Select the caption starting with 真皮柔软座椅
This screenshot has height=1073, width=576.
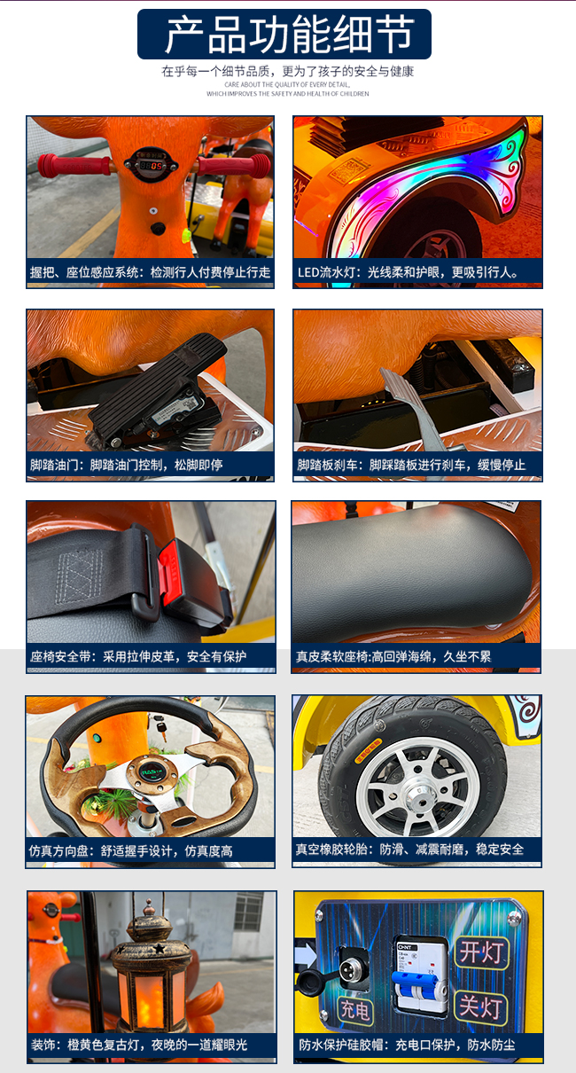pyautogui.click(x=393, y=657)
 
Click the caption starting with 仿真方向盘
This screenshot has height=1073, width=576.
pyautogui.click(x=130, y=850)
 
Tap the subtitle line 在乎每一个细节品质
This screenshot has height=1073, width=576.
pyautogui.click(x=287, y=72)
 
